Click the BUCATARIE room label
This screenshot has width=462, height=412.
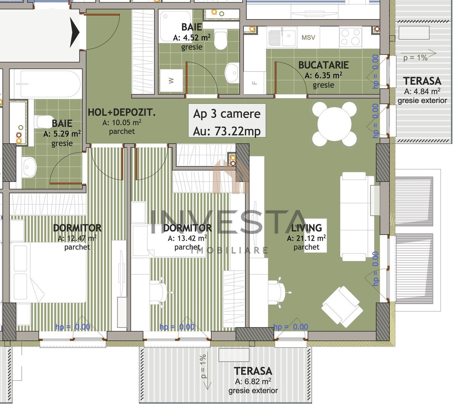pyautogui.click(x=323, y=65)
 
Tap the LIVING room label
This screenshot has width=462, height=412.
pyautogui.click(x=306, y=228)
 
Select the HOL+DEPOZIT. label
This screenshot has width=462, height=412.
pyautogui.click(x=122, y=113)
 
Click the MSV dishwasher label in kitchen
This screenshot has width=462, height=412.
pyautogui.click(x=308, y=37)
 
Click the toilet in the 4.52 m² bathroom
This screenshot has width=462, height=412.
pyautogui.click(x=221, y=40)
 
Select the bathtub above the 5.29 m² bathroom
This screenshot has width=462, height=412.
pyautogui.click(x=46, y=84)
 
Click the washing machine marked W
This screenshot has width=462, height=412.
pyautogui.click(x=171, y=80)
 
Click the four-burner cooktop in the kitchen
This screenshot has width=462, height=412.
pyautogui.click(x=351, y=37)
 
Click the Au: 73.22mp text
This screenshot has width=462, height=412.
pyautogui.click(x=227, y=131)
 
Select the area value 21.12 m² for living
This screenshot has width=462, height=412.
pyautogui.click(x=306, y=238)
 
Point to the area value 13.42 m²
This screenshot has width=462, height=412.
pyautogui.click(x=187, y=238)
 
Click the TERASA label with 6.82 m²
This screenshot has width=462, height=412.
pyautogui.click(x=253, y=371)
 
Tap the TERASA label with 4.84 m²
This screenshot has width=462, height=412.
pyautogui.click(x=422, y=81)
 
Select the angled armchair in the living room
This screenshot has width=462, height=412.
pyautogui.click(x=342, y=306)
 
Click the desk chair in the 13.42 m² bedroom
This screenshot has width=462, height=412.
pyautogui.click(x=159, y=292)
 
